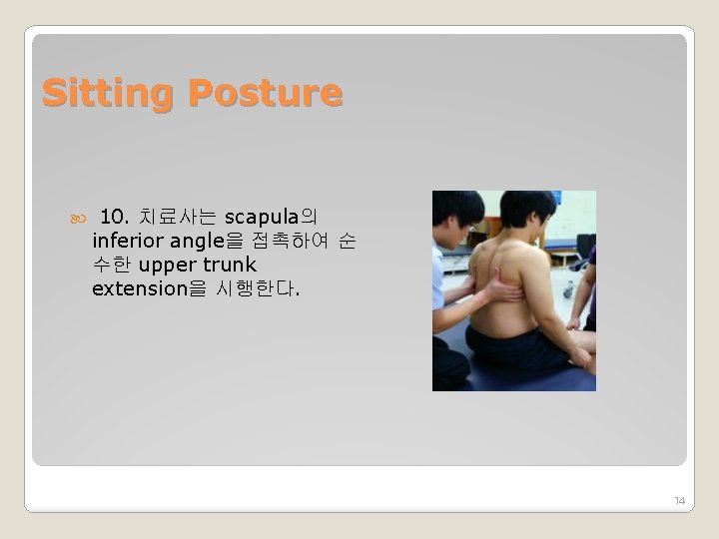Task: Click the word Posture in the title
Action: [265, 94]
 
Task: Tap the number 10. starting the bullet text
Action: [116, 217]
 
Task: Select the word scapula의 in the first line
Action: [271, 217]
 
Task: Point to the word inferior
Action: [127, 241]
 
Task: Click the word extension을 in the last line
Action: [149, 289]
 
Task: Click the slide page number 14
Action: [679, 500]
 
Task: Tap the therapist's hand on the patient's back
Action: [500, 289]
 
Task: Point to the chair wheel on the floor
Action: [568, 293]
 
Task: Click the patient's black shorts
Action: [519, 349]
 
